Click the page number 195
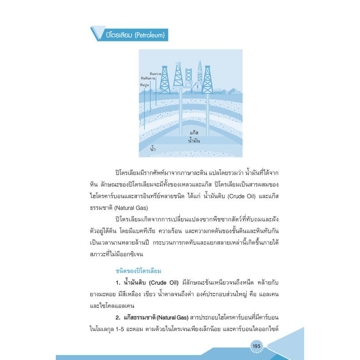pyautogui.click(x=256, y=346)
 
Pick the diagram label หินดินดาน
pyautogui.click(x=154, y=78)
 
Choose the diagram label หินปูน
pyautogui.click(x=144, y=84)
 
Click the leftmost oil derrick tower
pyautogui.click(x=165, y=80)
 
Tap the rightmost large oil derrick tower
pyautogui.click(x=207, y=80)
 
